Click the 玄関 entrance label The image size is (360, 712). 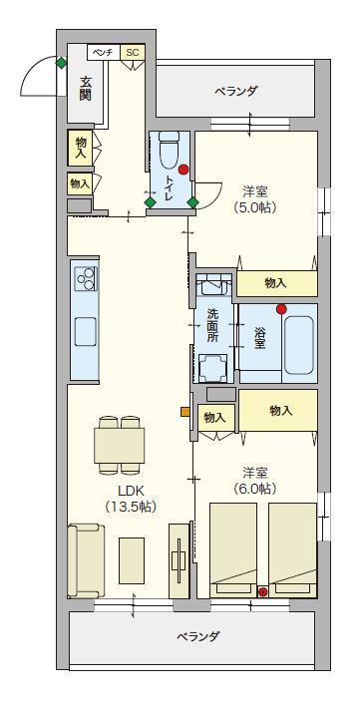(x=85, y=89)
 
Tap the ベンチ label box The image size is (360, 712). (x=103, y=52)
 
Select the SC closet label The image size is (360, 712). (x=133, y=52)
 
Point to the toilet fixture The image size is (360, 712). (x=169, y=149)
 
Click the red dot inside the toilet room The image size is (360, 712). (x=182, y=170)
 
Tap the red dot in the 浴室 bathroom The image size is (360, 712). (x=281, y=309)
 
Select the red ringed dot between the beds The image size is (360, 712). (x=263, y=591)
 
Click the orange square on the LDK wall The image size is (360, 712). (x=184, y=412)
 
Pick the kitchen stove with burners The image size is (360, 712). (x=86, y=279)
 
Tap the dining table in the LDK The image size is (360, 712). (x=120, y=445)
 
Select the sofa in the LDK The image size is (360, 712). (x=86, y=561)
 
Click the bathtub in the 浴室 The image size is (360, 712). (x=298, y=345)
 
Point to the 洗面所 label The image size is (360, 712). (x=213, y=325)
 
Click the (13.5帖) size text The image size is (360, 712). (x=131, y=507)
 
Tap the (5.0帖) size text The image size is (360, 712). (x=255, y=206)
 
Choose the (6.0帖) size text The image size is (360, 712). (x=255, y=489)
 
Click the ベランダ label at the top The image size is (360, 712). (x=236, y=91)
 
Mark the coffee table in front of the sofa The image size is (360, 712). (x=132, y=560)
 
